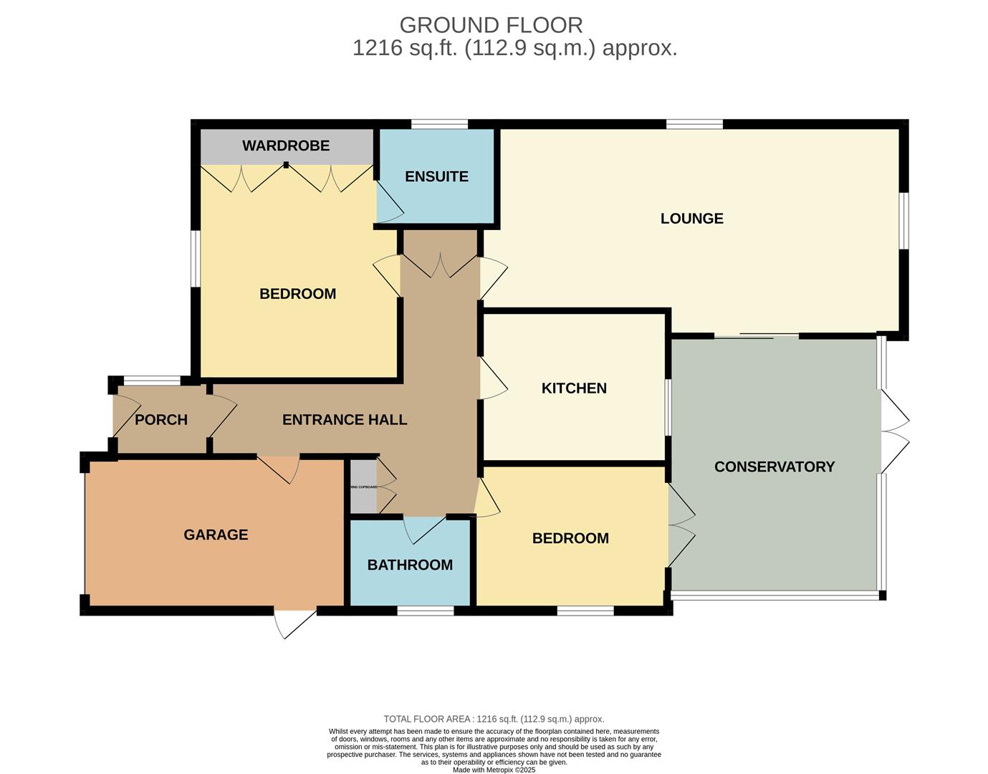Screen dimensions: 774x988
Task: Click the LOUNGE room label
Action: pos(691,219)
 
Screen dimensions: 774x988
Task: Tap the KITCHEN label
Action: pos(574,388)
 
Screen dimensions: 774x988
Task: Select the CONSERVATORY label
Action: pos(774,467)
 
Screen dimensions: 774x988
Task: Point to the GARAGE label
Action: pos(216,535)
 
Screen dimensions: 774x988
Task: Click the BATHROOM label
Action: pos(410,565)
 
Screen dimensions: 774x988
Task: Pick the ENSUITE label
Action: pos(436,176)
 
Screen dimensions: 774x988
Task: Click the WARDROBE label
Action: pos(286,145)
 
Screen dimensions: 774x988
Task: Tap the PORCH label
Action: pos(161,420)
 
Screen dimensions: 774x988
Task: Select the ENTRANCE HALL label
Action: pos(345,420)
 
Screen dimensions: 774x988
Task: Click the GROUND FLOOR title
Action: pos(491,25)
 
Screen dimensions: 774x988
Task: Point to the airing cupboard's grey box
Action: pos(363,487)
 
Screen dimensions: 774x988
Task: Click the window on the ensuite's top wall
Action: pos(439,125)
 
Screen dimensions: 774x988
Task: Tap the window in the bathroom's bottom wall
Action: pos(426,611)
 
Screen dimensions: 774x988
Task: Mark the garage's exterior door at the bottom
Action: pos(294,622)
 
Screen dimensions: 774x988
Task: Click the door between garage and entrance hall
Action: pos(279,467)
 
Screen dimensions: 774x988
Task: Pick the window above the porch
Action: pos(152,381)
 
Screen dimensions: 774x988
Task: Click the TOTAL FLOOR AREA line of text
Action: pos(494,719)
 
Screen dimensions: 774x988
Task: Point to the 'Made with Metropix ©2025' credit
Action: pos(494,770)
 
